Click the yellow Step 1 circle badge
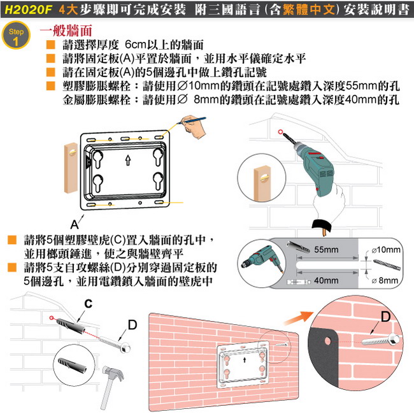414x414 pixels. (16, 35)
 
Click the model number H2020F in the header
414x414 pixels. (28, 10)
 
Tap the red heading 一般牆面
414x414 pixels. (66, 30)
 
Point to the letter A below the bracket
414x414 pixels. (74, 224)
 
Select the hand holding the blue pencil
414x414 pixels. (194, 127)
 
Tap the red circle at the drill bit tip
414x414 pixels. (280, 132)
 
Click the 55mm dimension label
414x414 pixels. (326, 249)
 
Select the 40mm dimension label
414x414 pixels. (326, 280)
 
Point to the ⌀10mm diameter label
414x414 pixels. (386, 250)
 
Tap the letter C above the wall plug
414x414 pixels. (89, 304)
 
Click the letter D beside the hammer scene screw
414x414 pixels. (132, 325)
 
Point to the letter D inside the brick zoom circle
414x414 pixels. (386, 317)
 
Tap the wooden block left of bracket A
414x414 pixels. (71, 168)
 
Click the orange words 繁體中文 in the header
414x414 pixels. (309, 10)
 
